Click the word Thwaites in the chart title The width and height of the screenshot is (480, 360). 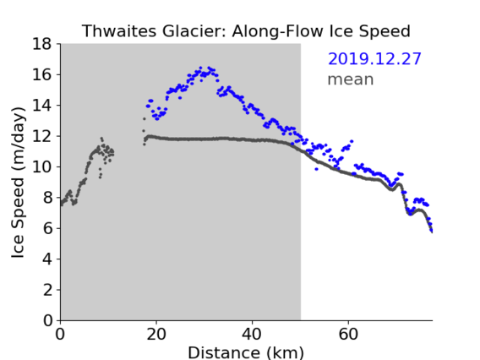coord(119,31)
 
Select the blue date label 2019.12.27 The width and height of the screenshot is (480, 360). coord(374,59)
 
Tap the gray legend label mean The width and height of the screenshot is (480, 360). coord(351,79)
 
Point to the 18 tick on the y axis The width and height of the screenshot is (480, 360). coord(42,44)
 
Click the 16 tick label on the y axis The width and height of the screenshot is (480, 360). coord(42,74)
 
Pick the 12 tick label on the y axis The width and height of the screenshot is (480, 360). coord(42,136)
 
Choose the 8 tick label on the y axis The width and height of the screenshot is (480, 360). coord(47,198)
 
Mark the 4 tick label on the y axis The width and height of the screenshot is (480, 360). coord(47,259)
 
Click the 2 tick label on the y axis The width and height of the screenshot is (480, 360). coord(47,290)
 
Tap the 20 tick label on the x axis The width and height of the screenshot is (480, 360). coord(156,334)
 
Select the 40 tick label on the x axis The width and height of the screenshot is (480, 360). coord(252,334)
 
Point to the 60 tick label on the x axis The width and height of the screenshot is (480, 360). coord(348,334)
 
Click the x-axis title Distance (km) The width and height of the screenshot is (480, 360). coord(246,352)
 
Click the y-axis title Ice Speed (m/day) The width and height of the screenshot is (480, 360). coord(18,183)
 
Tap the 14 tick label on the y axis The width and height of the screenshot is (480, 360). coord(42,106)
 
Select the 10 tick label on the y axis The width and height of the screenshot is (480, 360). coord(42,167)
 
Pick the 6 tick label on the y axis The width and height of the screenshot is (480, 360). coord(47,228)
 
